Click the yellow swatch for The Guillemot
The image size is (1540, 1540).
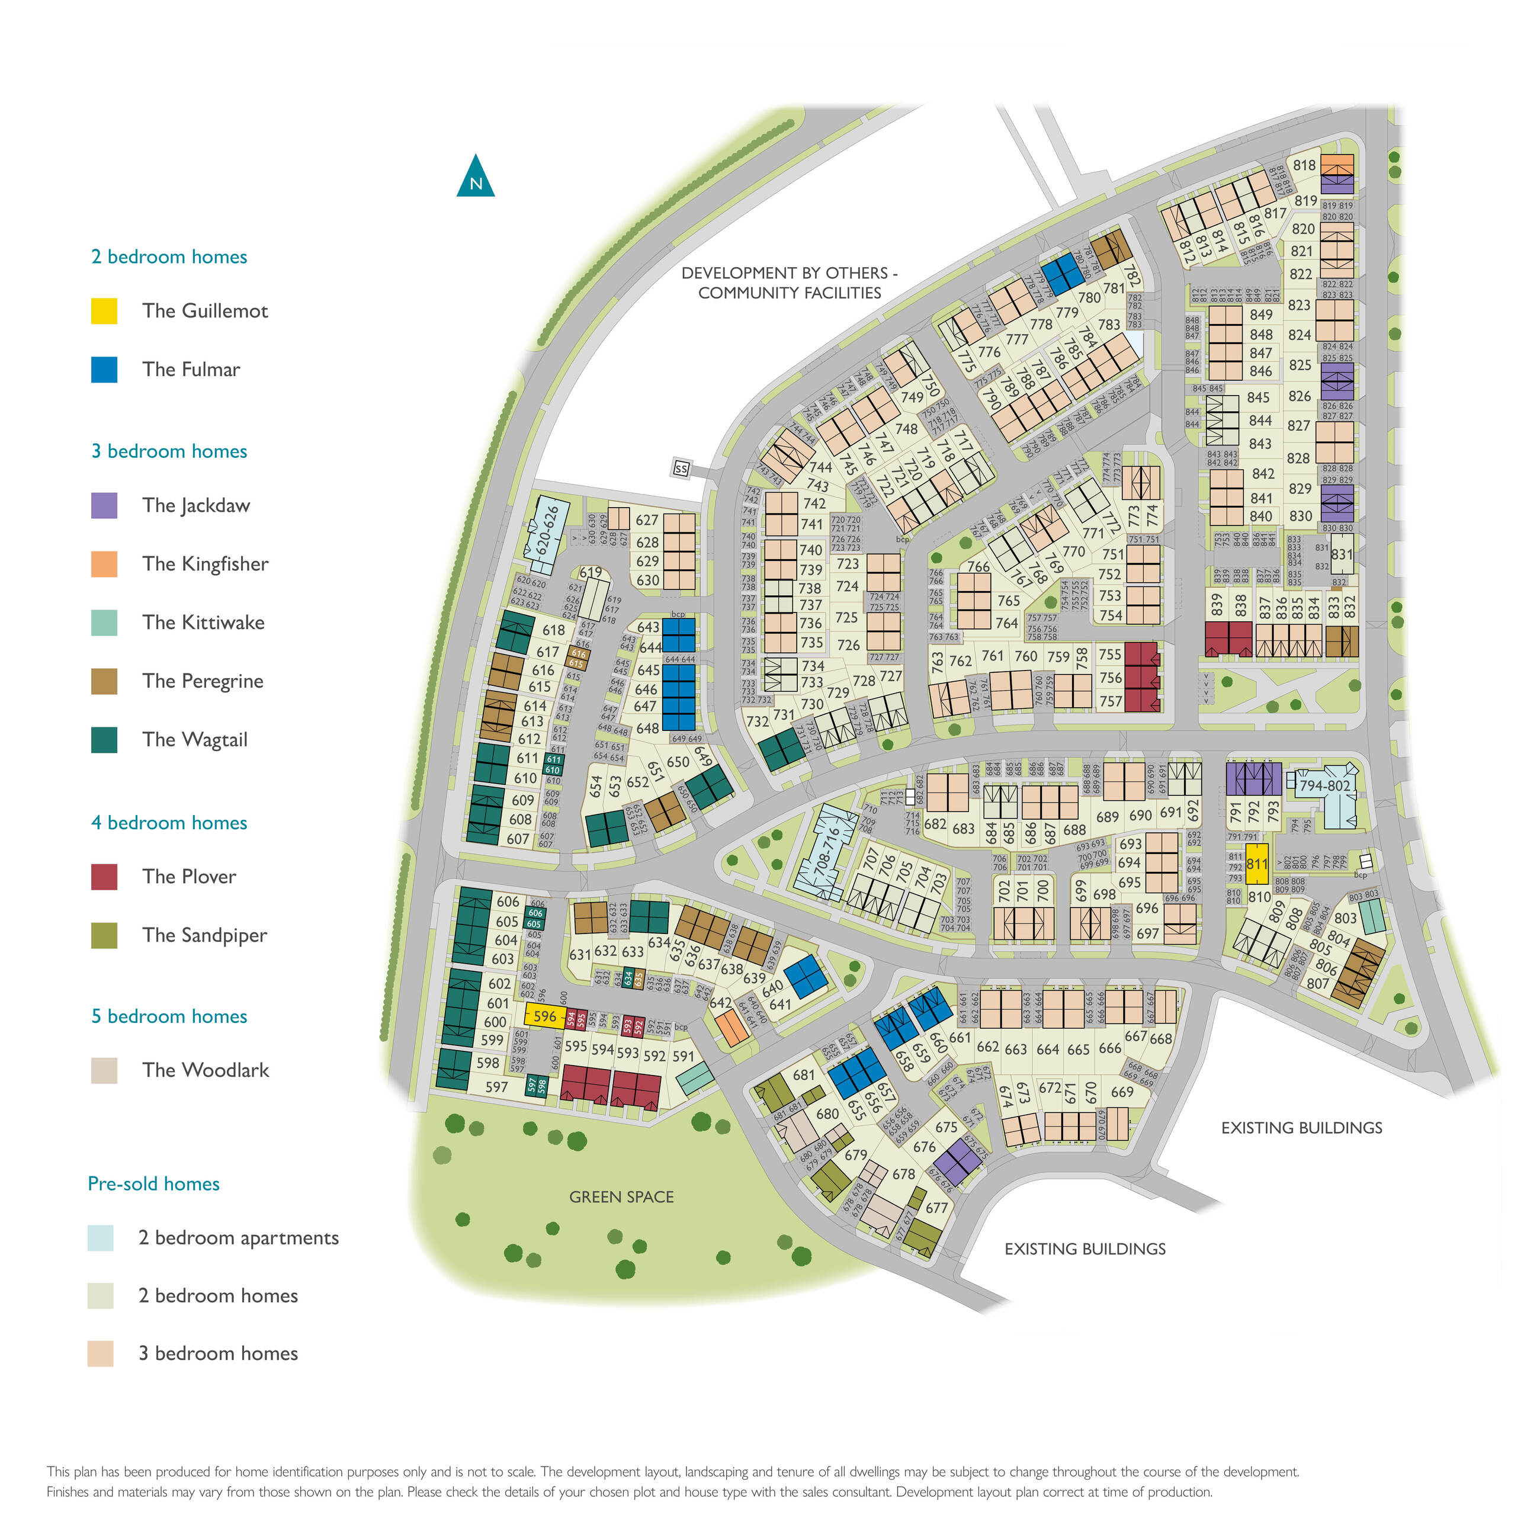tap(104, 311)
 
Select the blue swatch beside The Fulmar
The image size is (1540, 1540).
tap(104, 369)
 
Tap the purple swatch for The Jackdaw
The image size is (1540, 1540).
tap(104, 505)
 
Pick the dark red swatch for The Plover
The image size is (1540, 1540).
tap(104, 877)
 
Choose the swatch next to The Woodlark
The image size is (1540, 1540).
tap(104, 1070)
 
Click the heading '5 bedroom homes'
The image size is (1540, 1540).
tap(169, 1016)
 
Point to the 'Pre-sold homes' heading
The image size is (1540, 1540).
tap(154, 1183)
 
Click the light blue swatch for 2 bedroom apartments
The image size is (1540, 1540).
tap(101, 1238)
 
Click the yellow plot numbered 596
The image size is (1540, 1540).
tap(545, 1016)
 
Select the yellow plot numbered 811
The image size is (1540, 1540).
tap(1257, 865)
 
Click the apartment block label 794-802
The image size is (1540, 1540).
tap(1325, 786)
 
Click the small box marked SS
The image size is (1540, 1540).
tap(681, 469)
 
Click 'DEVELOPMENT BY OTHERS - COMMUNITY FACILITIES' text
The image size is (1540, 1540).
tap(789, 283)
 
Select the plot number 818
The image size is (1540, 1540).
tap(1304, 166)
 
